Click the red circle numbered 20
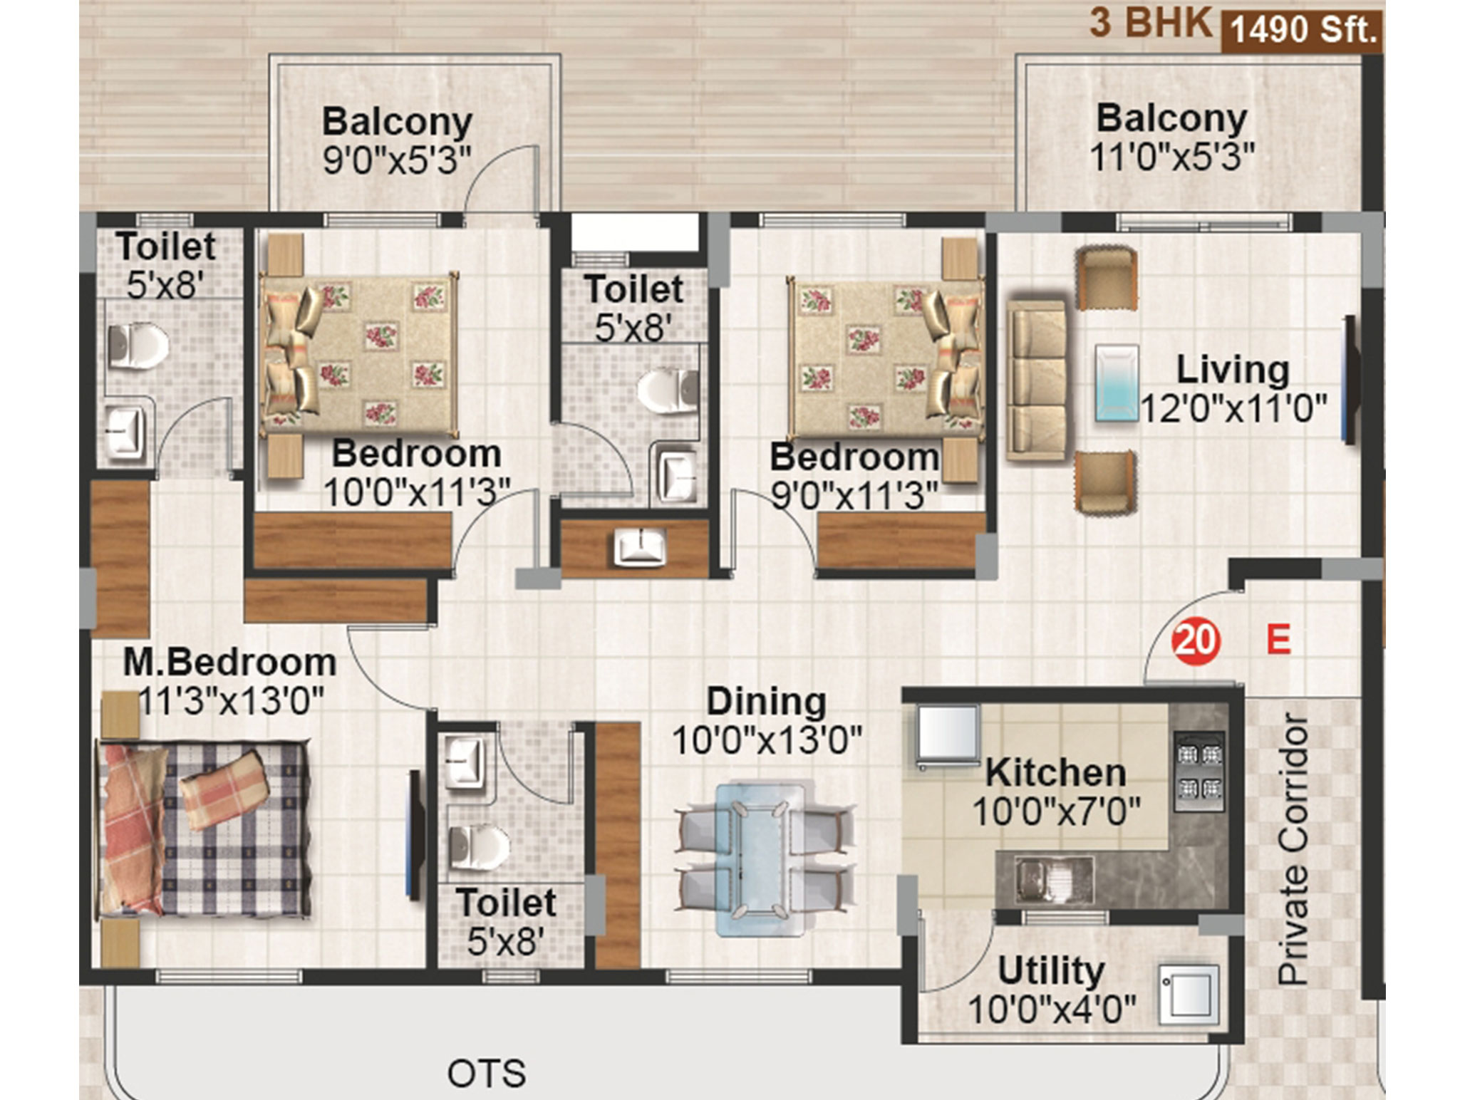[x=1196, y=640]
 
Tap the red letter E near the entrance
[x=1278, y=639]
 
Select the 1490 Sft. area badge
[x=1303, y=31]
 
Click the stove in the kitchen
[x=1199, y=772]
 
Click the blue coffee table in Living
[x=1116, y=382]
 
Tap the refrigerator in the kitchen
[x=948, y=737]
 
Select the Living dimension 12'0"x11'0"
[x=1234, y=409]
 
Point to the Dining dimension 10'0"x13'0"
[x=767, y=741]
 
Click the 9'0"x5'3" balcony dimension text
[x=397, y=160]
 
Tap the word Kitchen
[x=1056, y=773]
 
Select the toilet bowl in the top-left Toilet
[x=138, y=346]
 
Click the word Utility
[x=1051, y=971]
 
